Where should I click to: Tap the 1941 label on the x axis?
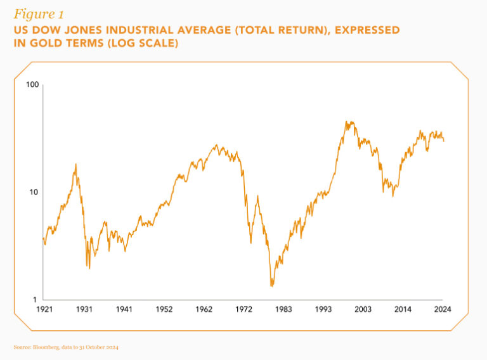click(124, 309)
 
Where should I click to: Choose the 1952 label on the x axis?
click(164, 309)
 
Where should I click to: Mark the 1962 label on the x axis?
click(204, 309)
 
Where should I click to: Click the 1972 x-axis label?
click(243, 309)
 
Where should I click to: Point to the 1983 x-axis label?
click(283, 309)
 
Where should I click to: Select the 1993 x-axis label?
click(323, 309)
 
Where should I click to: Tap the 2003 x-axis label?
click(363, 309)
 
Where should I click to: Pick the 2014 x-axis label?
click(403, 309)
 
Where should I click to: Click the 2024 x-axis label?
click(442, 309)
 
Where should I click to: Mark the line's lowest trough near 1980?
click(271, 286)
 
